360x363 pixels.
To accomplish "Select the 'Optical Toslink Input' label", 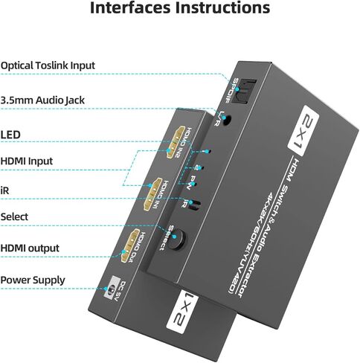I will (x=48, y=65).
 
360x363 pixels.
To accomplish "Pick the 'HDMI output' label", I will (x=30, y=248).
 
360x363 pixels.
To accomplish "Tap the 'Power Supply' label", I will (x=32, y=280).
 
